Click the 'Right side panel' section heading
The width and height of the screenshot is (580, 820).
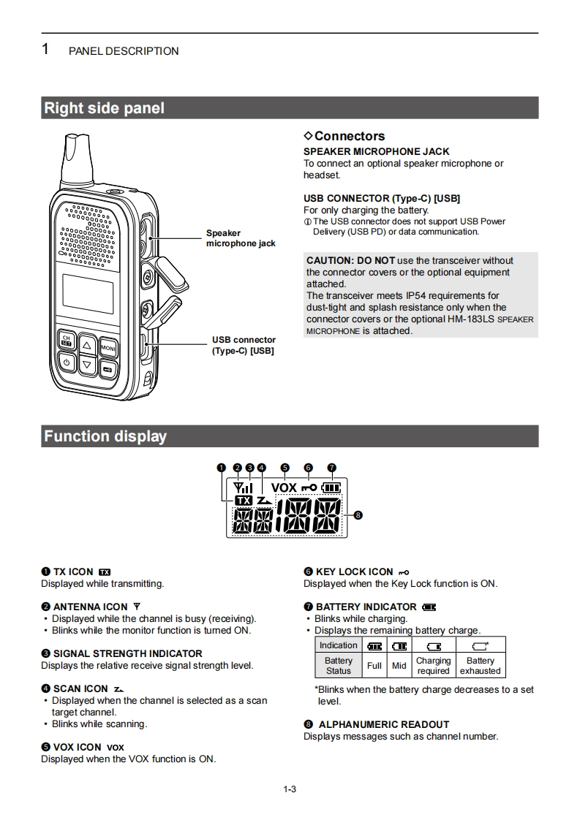pos(105,108)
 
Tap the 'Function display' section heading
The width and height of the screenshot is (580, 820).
pos(105,436)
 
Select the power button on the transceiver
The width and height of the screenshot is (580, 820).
pos(67,362)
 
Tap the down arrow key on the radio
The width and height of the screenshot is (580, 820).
pos(87,363)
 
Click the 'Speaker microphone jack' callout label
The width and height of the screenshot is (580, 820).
pos(241,238)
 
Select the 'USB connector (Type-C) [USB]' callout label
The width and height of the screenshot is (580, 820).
pos(244,345)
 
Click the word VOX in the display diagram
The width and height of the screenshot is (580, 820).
pos(284,487)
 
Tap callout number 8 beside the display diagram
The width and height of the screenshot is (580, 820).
pos(358,515)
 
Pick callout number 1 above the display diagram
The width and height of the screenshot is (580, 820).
pos(222,468)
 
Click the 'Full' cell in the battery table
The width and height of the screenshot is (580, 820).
pos(374,665)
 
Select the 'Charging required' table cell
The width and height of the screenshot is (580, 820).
pos(433,665)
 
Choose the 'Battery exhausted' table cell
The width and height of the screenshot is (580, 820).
pos(481,665)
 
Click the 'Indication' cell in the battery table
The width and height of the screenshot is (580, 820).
pos(339,645)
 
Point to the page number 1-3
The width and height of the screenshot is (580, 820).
pos(290,789)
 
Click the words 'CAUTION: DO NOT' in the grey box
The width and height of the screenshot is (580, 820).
pos(350,260)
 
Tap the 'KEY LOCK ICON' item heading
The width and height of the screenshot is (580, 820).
pos(354,572)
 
